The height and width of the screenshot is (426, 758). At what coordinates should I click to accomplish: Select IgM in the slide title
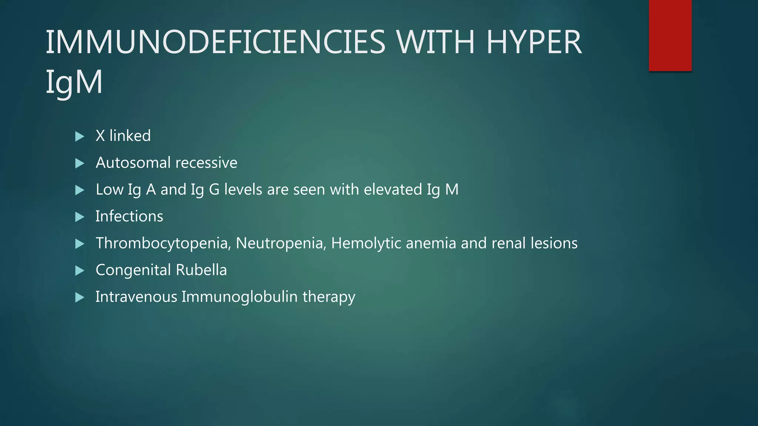tap(74, 82)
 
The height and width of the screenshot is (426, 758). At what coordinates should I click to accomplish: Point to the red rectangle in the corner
tap(670, 35)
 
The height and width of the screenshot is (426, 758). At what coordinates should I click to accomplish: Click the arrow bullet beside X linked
tap(80, 136)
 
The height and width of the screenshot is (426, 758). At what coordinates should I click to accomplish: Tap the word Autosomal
tap(133, 163)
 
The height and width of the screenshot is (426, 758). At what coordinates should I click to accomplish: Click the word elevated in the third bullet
tap(393, 189)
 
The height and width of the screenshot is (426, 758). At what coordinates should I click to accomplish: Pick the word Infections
tap(129, 216)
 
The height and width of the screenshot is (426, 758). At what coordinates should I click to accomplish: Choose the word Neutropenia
tap(281, 243)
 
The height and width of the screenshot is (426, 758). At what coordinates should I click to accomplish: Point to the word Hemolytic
tap(366, 243)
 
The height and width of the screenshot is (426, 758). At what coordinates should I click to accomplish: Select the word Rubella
tap(201, 270)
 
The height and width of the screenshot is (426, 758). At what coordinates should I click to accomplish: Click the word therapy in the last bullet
tap(329, 297)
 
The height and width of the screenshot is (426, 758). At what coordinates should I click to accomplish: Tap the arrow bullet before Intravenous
tap(80, 297)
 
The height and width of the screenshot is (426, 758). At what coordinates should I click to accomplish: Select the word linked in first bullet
tap(130, 136)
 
